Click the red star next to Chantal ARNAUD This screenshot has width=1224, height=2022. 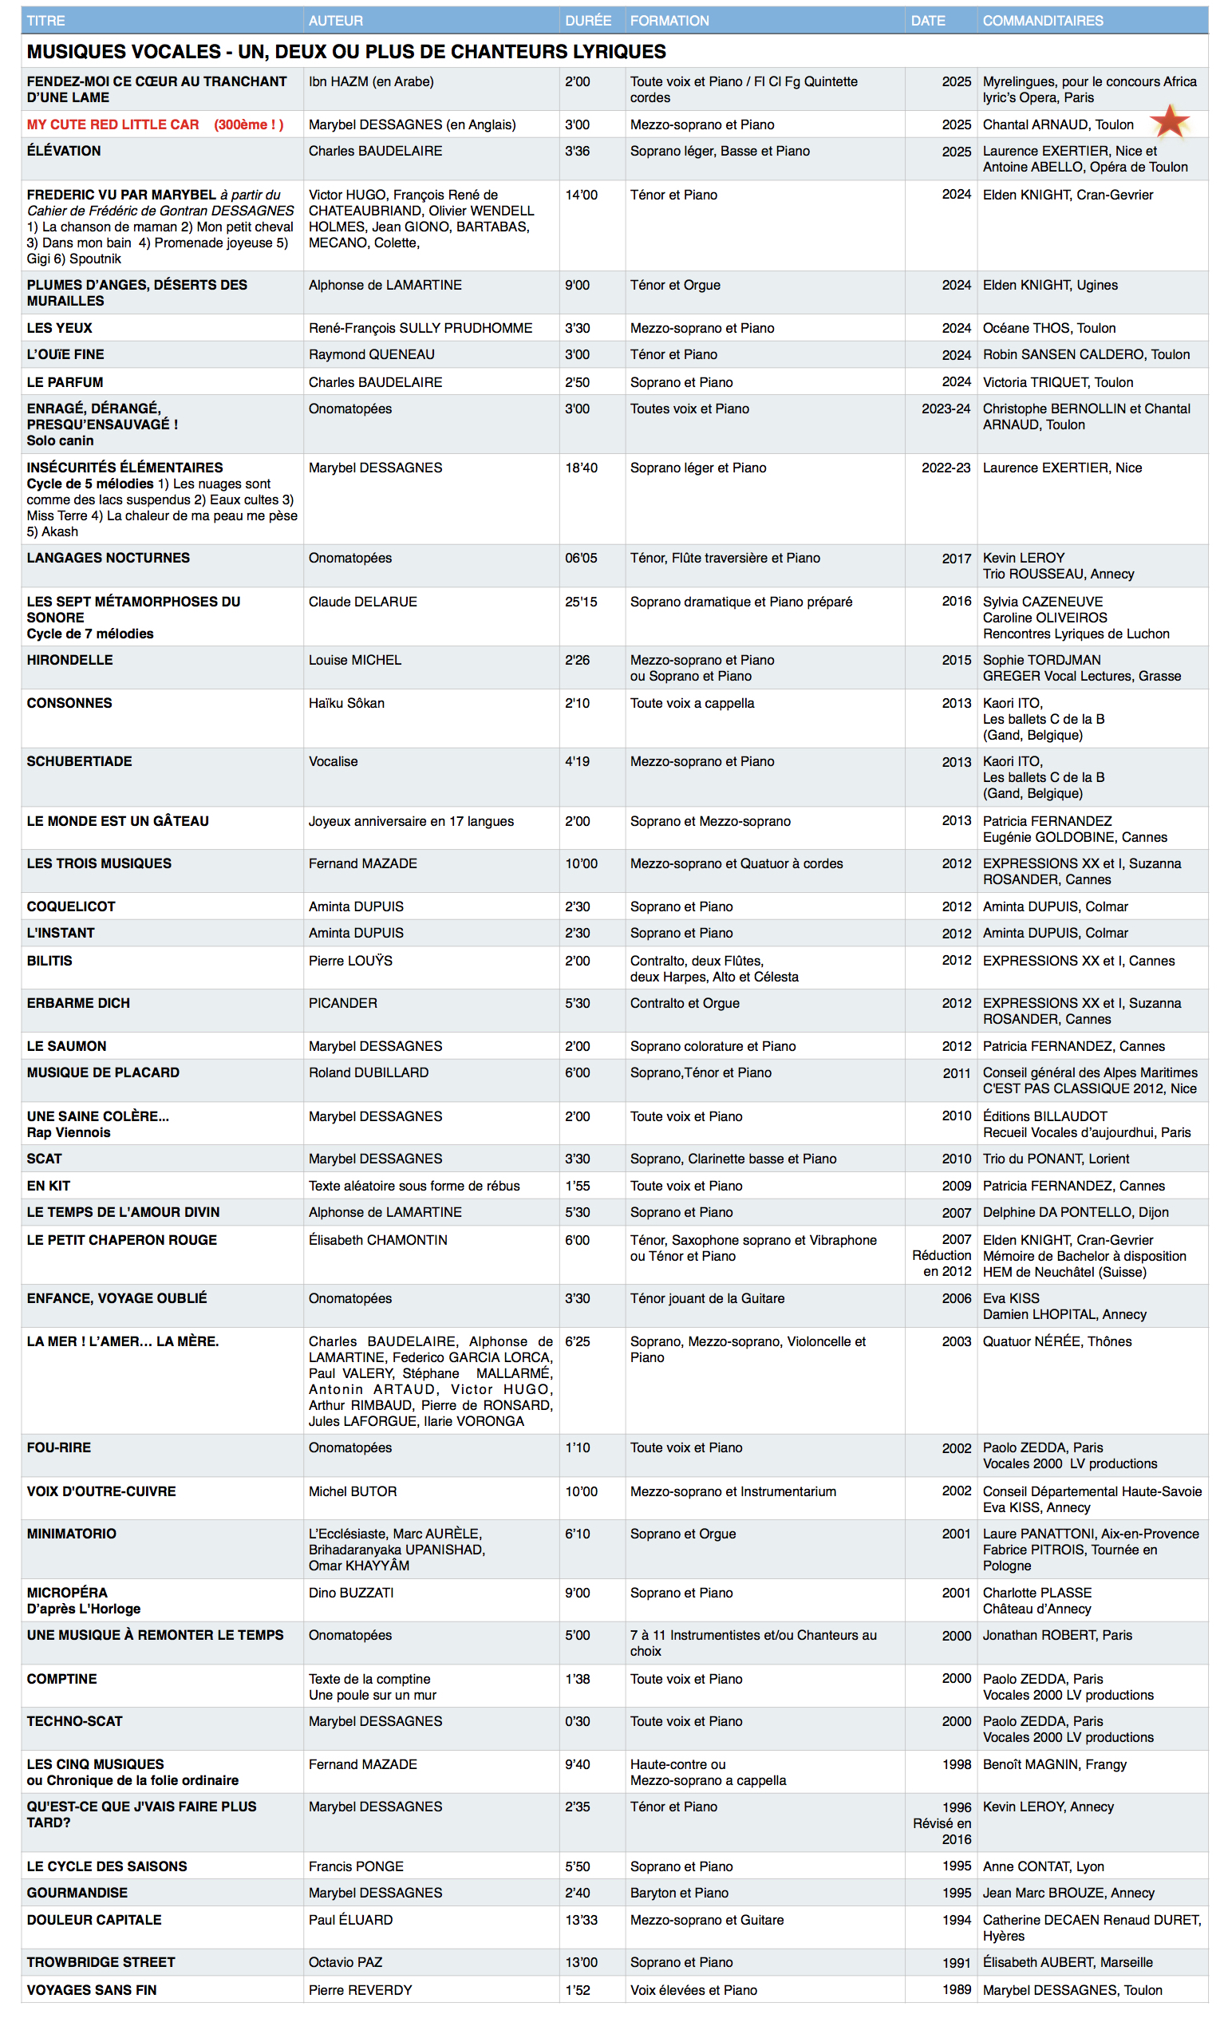click(1169, 121)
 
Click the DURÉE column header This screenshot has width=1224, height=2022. click(587, 21)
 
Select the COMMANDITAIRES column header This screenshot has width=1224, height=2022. click(1042, 21)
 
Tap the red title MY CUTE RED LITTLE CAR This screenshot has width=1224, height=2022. click(113, 124)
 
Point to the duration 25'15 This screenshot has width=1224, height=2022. click(581, 602)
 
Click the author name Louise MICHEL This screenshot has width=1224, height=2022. click(354, 660)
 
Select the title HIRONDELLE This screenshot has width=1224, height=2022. click(69, 660)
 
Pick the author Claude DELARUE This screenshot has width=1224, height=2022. click(362, 602)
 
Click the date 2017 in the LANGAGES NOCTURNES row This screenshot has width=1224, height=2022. click(956, 559)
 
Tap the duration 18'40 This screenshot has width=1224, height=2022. click(581, 468)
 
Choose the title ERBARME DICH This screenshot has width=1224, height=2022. click(78, 1003)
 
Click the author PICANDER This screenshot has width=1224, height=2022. click(343, 1003)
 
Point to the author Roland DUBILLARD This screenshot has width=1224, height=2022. click(369, 1072)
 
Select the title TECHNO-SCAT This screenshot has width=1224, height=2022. click(74, 1721)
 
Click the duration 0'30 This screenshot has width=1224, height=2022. click(577, 1721)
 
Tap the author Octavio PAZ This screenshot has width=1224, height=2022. click(345, 1962)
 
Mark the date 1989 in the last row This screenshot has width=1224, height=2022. click(956, 1989)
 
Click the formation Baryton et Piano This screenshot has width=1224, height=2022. click(679, 1893)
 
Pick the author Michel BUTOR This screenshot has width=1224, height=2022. click(353, 1491)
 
